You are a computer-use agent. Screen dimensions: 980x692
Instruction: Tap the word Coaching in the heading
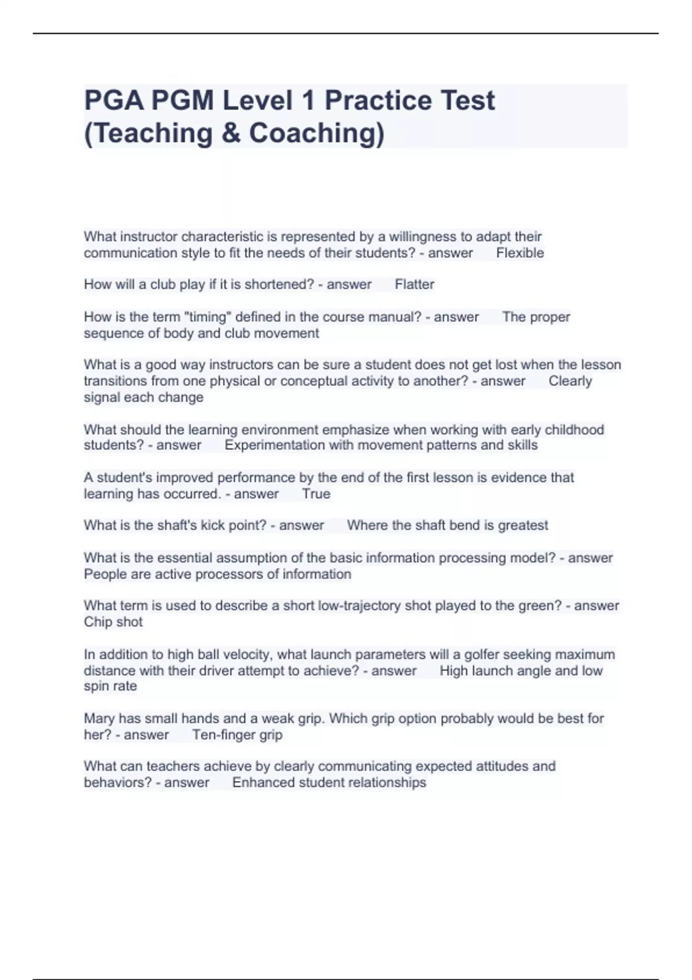(316, 133)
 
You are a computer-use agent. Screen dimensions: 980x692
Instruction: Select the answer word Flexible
(520, 253)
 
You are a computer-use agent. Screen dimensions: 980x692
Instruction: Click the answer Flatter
(414, 285)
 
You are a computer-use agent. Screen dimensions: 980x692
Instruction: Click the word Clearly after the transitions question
(570, 381)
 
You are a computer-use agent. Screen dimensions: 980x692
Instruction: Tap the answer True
(316, 494)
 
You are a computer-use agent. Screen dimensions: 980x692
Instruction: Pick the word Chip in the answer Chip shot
(97, 622)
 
